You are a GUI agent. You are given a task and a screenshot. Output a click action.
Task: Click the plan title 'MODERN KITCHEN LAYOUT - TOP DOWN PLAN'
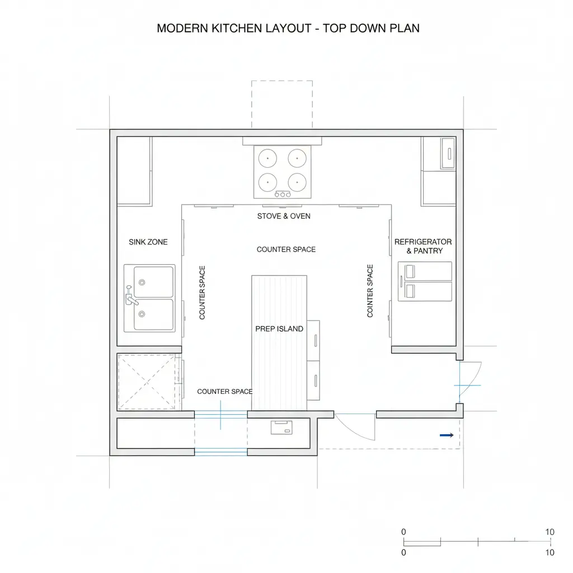288,28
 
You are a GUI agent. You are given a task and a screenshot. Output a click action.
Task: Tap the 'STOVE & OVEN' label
284,216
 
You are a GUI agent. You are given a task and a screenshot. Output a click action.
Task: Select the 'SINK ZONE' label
148,242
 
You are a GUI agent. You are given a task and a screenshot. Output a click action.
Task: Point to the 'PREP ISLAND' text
279,329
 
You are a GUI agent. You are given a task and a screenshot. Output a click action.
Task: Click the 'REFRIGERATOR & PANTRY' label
423,246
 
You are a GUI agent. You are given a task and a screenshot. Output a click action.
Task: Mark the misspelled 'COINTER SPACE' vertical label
370,291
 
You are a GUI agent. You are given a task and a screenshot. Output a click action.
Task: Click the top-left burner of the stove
267,158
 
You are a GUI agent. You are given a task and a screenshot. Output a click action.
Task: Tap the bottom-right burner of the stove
297,182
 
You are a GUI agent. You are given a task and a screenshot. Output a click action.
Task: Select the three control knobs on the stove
283,194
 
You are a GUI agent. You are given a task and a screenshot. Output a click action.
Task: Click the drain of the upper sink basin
142,282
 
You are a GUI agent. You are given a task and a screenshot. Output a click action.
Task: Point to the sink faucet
131,297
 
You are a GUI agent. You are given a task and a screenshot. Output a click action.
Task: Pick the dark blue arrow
447,435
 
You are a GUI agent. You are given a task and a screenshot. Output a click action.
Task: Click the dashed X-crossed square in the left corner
147,382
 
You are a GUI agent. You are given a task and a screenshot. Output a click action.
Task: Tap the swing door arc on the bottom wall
354,428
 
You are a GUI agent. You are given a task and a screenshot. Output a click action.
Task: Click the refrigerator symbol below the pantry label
425,281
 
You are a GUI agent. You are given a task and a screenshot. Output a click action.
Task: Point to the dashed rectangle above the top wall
282,104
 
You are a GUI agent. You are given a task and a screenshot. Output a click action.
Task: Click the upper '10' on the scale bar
549,532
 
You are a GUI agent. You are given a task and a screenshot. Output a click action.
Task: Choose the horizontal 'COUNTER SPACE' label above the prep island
286,250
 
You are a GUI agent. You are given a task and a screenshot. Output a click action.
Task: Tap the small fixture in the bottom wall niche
281,428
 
